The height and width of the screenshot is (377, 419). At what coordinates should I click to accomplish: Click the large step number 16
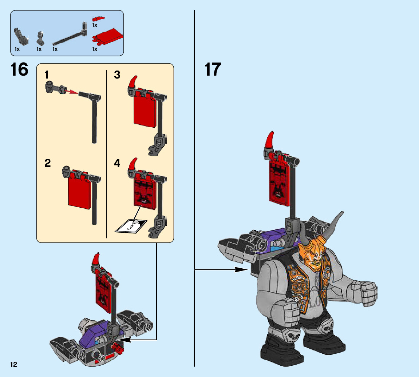pyautogui.click(x=19, y=69)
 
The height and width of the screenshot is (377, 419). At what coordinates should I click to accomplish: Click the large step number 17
pyautogui.click(x=213, y=69)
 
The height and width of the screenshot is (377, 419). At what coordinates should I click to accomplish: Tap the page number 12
pyautogui.click(x=13, y=365)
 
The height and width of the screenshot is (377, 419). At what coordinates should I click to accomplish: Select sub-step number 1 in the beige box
pyautogui.click(x=47, y=75)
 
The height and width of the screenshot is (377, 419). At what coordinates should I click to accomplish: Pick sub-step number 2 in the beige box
pyautogui.click(x=48, y=163)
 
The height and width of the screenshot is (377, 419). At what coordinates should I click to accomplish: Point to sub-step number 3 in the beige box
pyautogui.click(x=117, y=75)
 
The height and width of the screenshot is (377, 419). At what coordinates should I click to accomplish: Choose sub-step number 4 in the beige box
pyautogui.click(x=117, y=163)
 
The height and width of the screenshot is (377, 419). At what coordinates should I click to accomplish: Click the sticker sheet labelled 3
pyautogui.click(x=131, y=226)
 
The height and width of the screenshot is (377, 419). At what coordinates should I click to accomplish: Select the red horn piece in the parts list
pyautogui.click(x=98, y=19)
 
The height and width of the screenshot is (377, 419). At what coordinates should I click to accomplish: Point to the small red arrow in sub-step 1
pyautogui.click(x=71, y=92)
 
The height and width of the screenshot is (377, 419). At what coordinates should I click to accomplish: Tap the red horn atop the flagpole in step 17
pyautogui.click(x=269, y=140)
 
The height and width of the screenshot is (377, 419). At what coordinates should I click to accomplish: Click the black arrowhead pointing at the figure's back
pyautogui.click(x=241, y=270)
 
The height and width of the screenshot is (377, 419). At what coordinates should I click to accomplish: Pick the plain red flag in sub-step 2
pyautogui.click(x=79, y=192)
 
